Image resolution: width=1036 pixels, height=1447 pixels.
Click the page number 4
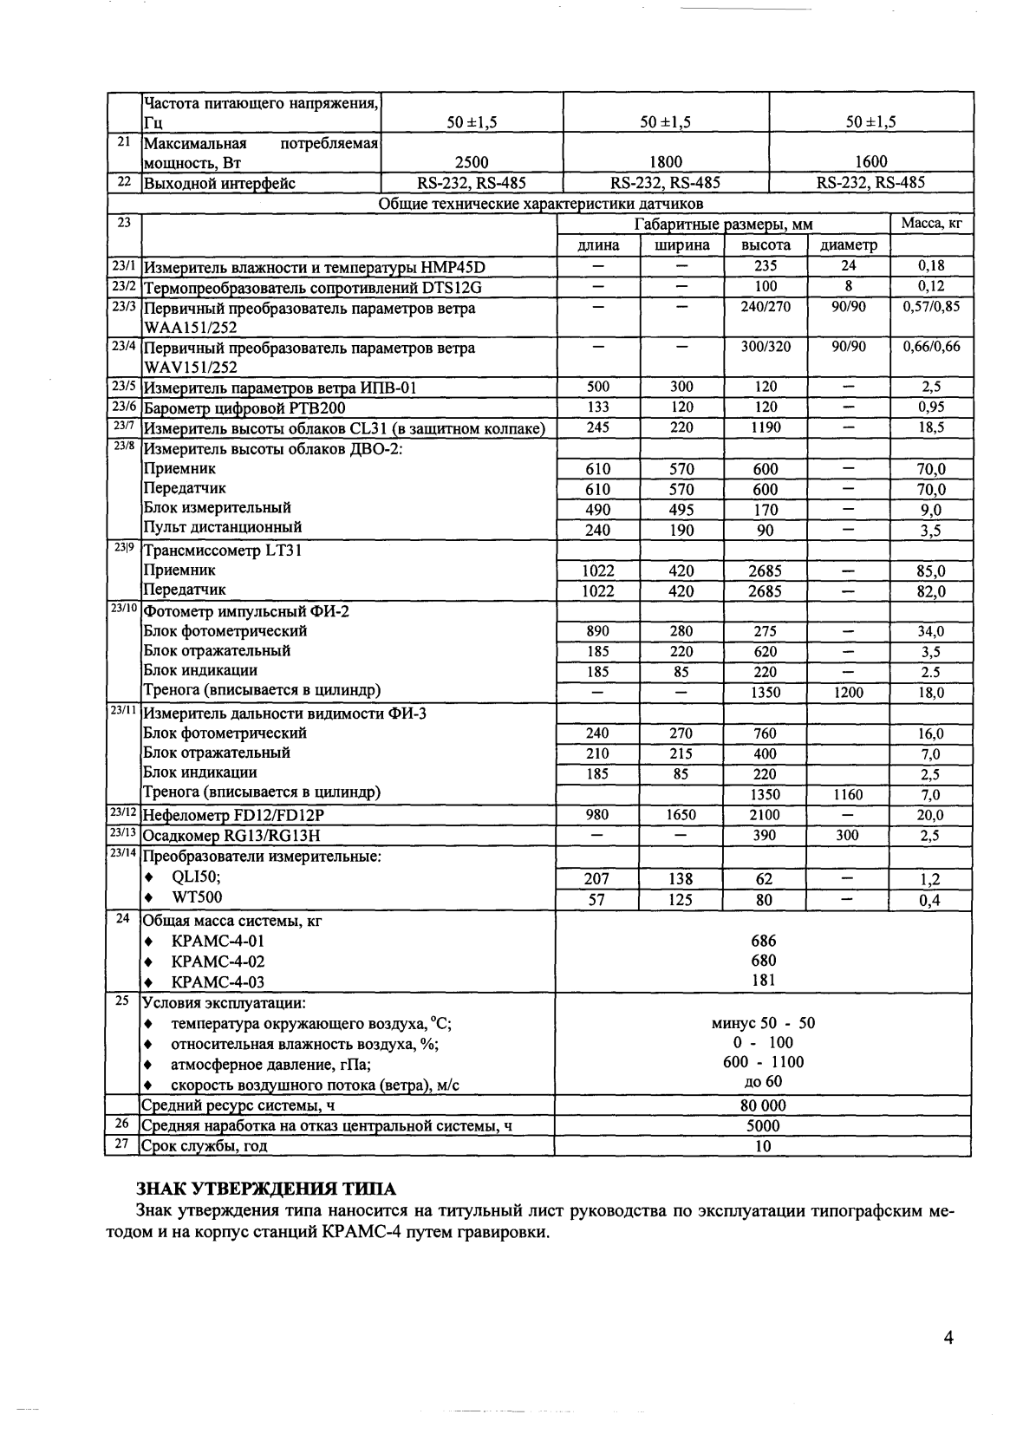tap(948, 1338)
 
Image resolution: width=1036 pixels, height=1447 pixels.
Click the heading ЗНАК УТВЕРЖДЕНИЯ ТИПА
tap(267, 1189)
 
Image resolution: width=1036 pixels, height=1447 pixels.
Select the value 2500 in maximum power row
tap(472, 162)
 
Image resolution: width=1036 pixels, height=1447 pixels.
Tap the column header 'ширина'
tap(681, 245)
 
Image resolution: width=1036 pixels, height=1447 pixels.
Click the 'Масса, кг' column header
tap(931, 224)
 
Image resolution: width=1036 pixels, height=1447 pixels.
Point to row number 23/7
tap(123, 426)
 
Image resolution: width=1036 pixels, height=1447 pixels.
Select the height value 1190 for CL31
tap(766, 427)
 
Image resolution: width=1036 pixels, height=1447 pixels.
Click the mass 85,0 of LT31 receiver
tap(931, 571)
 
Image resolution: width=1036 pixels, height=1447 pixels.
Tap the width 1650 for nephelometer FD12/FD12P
tap(681, 815)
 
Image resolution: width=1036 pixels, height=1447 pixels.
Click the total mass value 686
tap(763, 941)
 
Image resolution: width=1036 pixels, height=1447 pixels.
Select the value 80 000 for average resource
tap(763, 1105)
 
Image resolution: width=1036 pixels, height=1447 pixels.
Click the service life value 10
tap(763, 1146)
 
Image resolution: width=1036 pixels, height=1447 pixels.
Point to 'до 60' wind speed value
tap(763, 1081)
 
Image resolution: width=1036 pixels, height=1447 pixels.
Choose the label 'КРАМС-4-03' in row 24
tap(218, 982)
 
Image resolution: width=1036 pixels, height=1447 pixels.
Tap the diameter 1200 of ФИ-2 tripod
tap(848, 693)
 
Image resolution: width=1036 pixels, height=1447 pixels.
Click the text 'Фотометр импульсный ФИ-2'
tap(246, 611)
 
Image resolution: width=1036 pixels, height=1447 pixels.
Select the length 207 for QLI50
tap(596, 879)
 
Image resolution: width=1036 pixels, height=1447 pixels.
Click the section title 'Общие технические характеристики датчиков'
tap(541, 205)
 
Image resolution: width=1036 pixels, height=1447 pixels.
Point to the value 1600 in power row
tap(870, 162)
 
